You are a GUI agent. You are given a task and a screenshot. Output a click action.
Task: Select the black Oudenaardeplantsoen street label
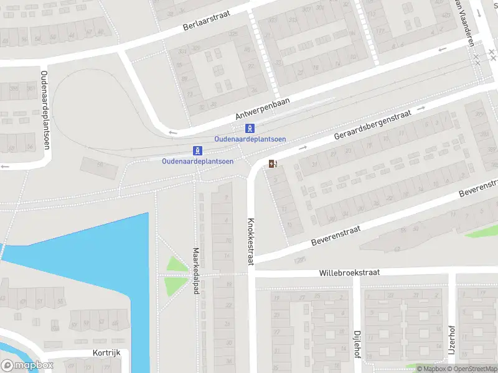pyautogui.click(x=45, y=109)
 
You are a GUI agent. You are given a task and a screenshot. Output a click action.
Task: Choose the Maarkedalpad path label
pyautogui.click(x=195, y=271)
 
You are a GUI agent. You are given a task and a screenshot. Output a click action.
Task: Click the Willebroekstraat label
pyautogui.click(x=349, y=272)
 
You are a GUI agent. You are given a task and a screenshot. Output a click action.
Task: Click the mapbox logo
pyautogui.click(x=26, y=366)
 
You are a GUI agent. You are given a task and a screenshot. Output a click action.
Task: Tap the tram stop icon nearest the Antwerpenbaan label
pyautogui.click(x=250, y=129)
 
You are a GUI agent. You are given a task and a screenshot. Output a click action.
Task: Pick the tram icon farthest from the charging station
pyautogui.click(x=197, y=150)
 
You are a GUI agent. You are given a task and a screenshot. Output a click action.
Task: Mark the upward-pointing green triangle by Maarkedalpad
pyautogui.click(x=177, y=264)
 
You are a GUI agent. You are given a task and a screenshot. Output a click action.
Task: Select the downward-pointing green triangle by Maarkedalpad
pyautogui.click(x=176, y=285)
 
